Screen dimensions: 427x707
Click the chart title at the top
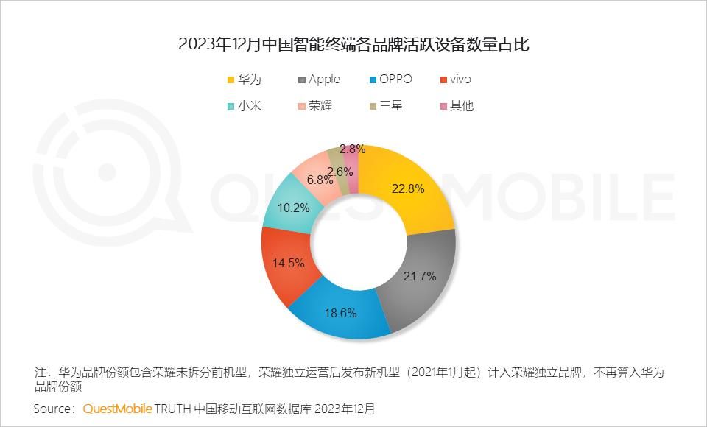click(x=353, y=45)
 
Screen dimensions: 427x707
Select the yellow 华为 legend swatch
click(x=231, y=80)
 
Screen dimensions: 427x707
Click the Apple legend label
click(x=324, y=80)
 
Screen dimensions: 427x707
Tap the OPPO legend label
click(x=396, y=80)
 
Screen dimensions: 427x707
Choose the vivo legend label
click(x=460, y=80)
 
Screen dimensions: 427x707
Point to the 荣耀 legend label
click(x=320, y=106)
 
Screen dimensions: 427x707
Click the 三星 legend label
click(x=391, y=106)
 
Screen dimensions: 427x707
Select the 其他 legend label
click(x=462, y=106)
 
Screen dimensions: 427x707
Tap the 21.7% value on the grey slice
click(x=421, y=277)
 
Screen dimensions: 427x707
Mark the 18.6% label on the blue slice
click(x=340, y=313)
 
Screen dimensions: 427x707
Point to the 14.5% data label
click(x=289, y=263)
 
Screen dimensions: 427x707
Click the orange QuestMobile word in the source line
click(x=118, y=409)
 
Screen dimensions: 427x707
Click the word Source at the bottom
click(x=53, y=409)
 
